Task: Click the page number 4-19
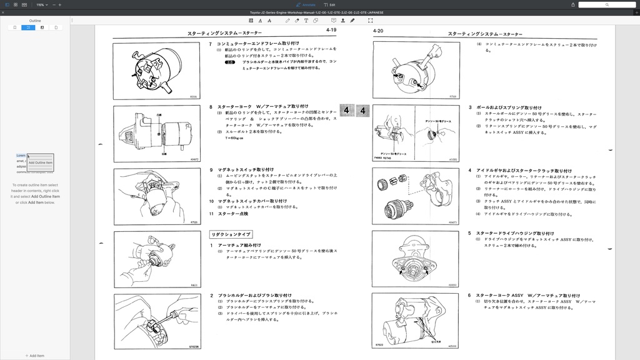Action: [x=331, y=30]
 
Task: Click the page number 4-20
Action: [x=378, y=31]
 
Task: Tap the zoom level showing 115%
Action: [x=40, y=4]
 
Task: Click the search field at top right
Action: [x=606, y=4]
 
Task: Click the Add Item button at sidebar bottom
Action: [x=35, y=356]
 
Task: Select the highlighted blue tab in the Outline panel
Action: [x=28, y=27]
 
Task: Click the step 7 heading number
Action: [x=211, y=44]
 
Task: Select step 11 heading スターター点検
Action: [x=232, y=214]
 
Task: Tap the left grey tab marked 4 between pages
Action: [x=347, y=111]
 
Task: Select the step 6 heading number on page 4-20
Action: [x=469, y=295]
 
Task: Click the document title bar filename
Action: [x=316, y=12]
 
